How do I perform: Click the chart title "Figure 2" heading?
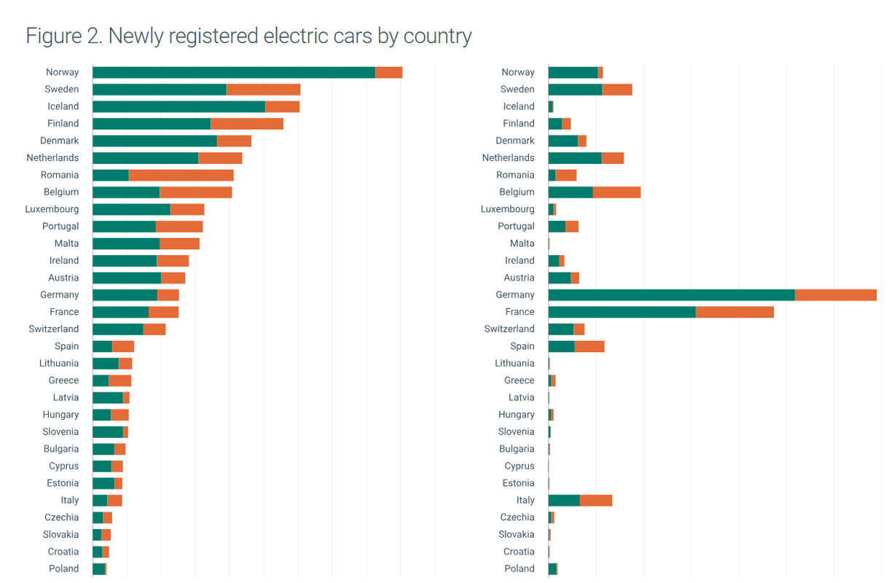(248, 36)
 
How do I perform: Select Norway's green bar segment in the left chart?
(233, 72)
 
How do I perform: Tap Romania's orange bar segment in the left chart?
(181, 175)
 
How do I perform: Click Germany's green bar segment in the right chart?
(671, 294)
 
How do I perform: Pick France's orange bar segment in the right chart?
(734, 312)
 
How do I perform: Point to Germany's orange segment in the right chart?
(835, 294)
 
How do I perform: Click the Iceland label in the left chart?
(63, 106)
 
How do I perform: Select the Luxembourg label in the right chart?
(507, 209)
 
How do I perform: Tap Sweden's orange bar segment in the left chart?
(263, 90)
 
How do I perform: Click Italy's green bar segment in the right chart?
(564, 500)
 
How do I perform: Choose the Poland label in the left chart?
(63, 568)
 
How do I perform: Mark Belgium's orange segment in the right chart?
(616, 192)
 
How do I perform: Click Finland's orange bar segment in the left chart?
(246, 124)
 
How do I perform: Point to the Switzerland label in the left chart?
(54, 329)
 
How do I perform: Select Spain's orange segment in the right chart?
(589, 346)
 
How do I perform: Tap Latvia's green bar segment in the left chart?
(108, 397)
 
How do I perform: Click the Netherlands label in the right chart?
(508, 158)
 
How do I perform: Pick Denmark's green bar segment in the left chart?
(154, 141)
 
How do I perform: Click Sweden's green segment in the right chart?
(575, 90)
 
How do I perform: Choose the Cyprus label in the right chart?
(519, 466)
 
